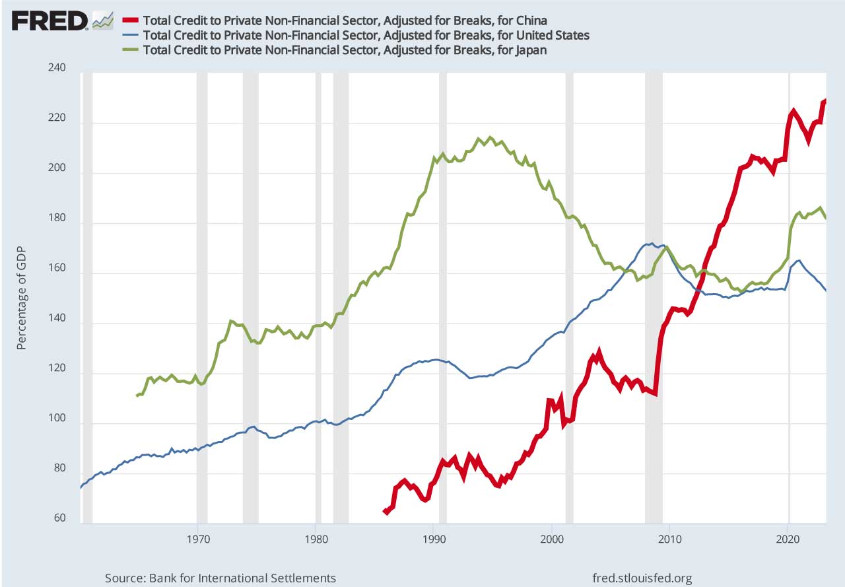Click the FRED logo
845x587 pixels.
[x=50, y=20]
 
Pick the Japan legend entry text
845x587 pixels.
[x=344, y=50]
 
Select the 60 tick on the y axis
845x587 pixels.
[x=58, y=519]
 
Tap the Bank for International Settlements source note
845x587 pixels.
[x=220, y=578]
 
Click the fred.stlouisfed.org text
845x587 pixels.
[x=643, y=578]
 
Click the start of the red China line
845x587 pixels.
[x=386, y=511]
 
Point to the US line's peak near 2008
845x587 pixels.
[x=652, y=243]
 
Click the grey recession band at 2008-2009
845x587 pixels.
[x=654, y=297]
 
